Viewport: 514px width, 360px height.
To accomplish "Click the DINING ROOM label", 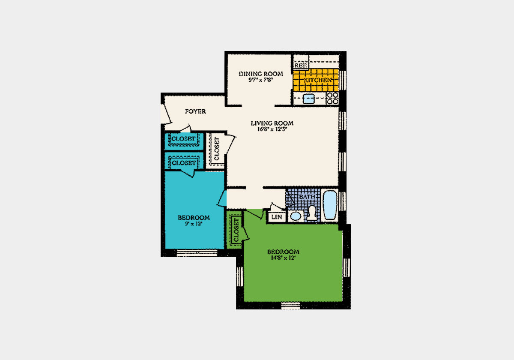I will tap(255, 74).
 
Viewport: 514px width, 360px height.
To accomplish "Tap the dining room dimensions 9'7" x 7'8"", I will tap(255, 80).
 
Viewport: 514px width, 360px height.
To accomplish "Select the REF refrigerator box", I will tap(300, 65).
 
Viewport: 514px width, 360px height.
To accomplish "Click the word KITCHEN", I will tap(317, 80).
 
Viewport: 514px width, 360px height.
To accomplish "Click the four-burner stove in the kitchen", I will tap(332, 99).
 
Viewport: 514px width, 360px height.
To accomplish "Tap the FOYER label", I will tap(195, 111).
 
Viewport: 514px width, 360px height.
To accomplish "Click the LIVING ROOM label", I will tap(272, 123).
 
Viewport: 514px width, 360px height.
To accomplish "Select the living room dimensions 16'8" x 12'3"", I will tap(272, 129).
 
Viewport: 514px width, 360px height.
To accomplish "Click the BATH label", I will tap(307, 197).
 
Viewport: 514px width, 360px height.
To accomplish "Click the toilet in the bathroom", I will tap(312, 213).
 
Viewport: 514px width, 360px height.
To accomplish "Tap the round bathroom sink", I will tap(296, 216).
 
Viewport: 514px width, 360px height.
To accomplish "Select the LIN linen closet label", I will tap(277, 217).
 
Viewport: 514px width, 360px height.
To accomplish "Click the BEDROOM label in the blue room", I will tap(194, 217).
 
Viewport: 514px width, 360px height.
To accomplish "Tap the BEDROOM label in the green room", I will tap(283, 252).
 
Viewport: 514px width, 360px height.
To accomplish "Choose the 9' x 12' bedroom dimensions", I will tap(194, 224).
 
